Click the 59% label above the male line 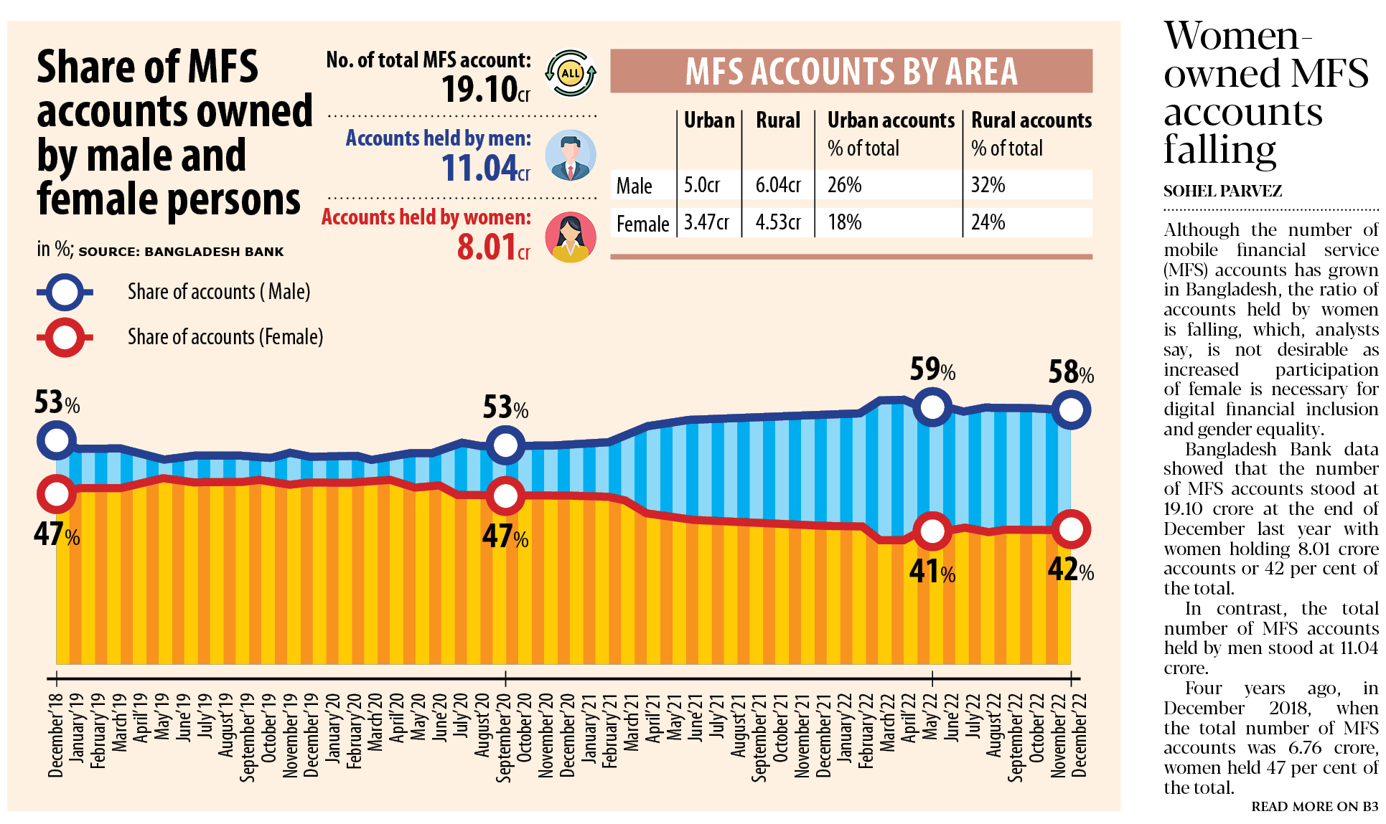pos(932,370)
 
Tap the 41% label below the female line pos(932,572)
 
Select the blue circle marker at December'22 pos(1070,410)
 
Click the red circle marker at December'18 pos(56,493)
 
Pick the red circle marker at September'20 pos(505,496)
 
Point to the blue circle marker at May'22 pos(932,407)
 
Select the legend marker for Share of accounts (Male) pos(65,292)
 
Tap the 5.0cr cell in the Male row pos(701,185)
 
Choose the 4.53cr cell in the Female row pos(777,222)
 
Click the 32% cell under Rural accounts pos(988,185)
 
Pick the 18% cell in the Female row pos(844,222)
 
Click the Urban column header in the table pos(708,120)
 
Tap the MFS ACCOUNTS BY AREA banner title pos(851,72)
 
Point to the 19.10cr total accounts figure pos(485,90)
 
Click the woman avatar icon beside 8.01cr pos(571,237)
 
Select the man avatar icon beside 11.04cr pos(571,156)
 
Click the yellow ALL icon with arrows pos(571,73)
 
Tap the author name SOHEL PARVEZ pos(1222,191)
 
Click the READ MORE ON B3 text pos(1314,807)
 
